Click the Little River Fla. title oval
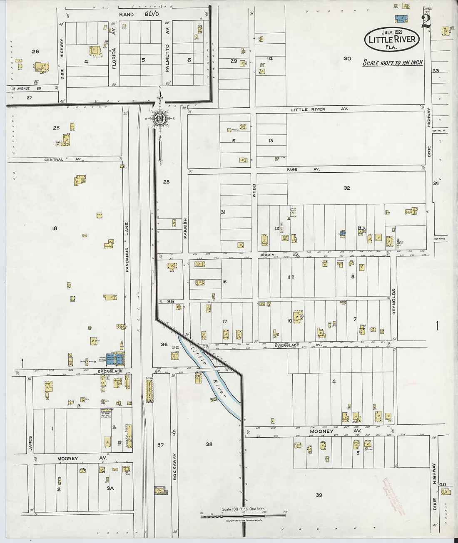coord(392,40)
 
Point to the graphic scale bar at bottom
coord(243,516)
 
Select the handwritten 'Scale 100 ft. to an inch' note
coord(393,63)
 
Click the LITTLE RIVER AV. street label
coord(319,109)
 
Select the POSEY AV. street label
coord(280,255)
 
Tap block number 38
coord(209,444)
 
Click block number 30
coord(347,59)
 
